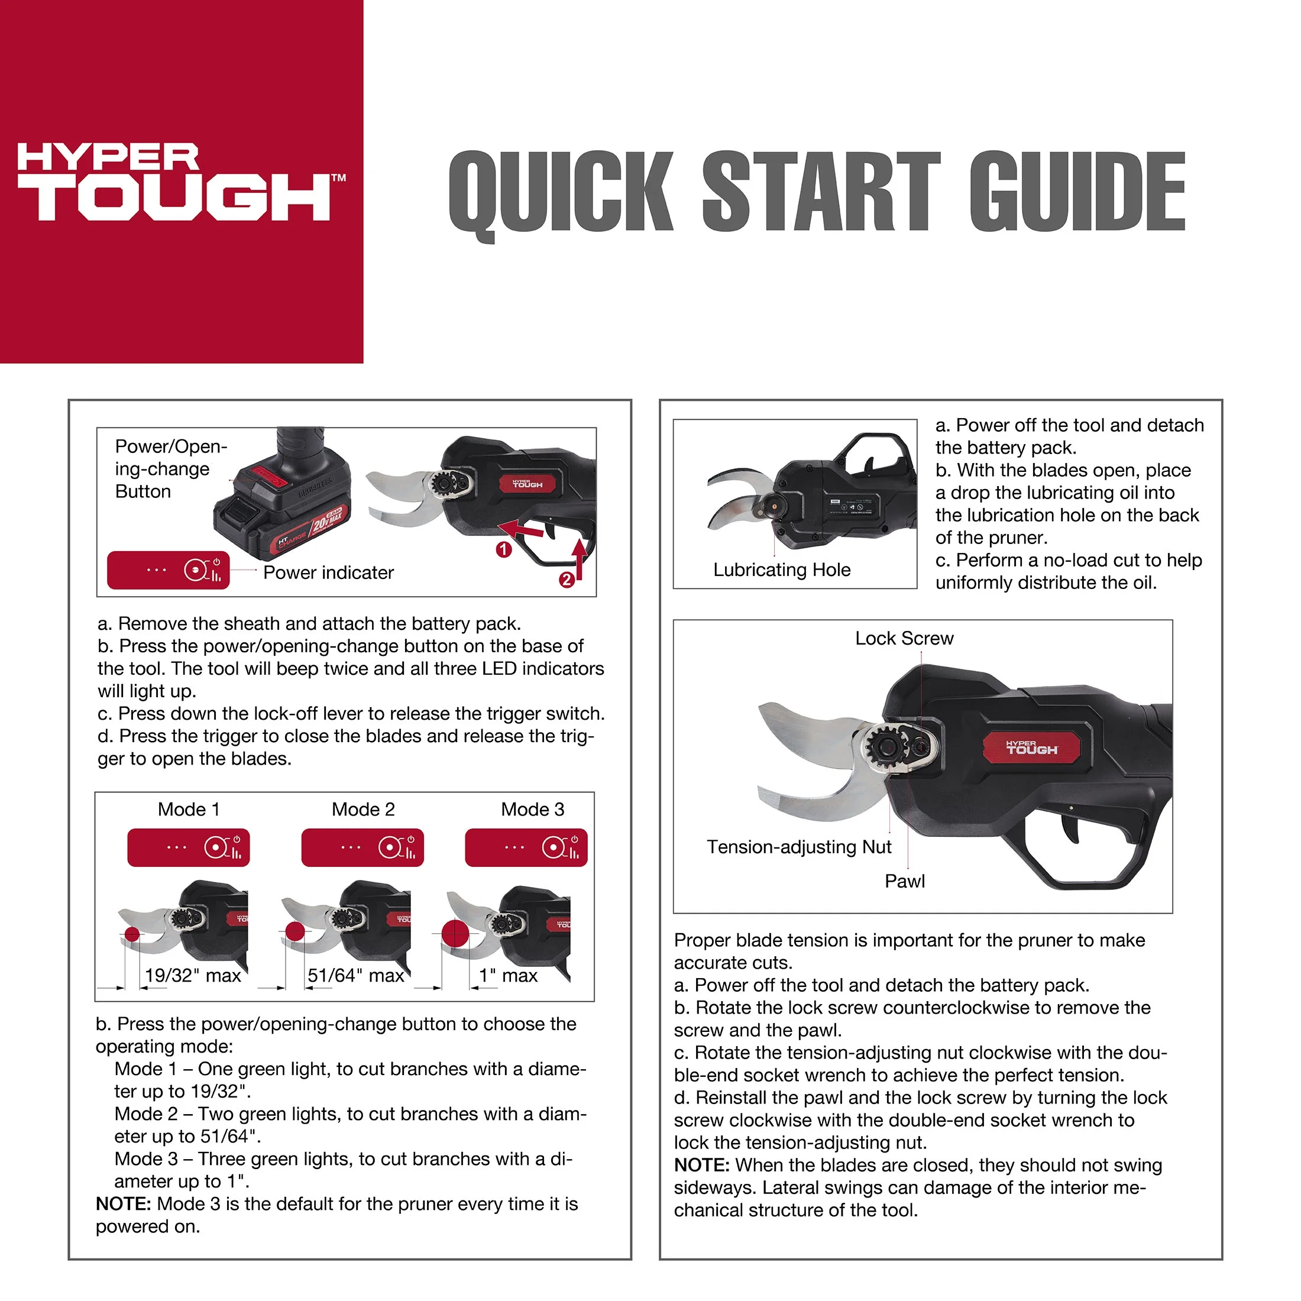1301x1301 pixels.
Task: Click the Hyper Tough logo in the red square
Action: (180, 182)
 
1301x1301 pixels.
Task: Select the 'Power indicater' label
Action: (329, 572)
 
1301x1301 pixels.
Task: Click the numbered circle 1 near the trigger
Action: (504, 549)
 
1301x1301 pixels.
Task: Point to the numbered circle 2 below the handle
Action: (567, 579)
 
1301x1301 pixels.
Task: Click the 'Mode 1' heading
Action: (189, 809)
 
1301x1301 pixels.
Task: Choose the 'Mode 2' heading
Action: (363, 809)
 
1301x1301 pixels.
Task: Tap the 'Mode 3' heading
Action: (533, 809)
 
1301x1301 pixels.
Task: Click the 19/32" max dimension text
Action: (193, 975)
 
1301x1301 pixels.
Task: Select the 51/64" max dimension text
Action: (355, 975)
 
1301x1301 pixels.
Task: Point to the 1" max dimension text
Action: (508, 975)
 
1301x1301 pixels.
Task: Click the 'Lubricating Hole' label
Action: (782, 569)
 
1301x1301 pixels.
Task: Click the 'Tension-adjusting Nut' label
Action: (799, 847)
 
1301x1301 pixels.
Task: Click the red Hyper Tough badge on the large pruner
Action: (1032, 748)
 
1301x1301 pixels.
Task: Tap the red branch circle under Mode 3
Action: (455, 936)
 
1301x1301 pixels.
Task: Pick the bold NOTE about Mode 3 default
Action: (336, 1215)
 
